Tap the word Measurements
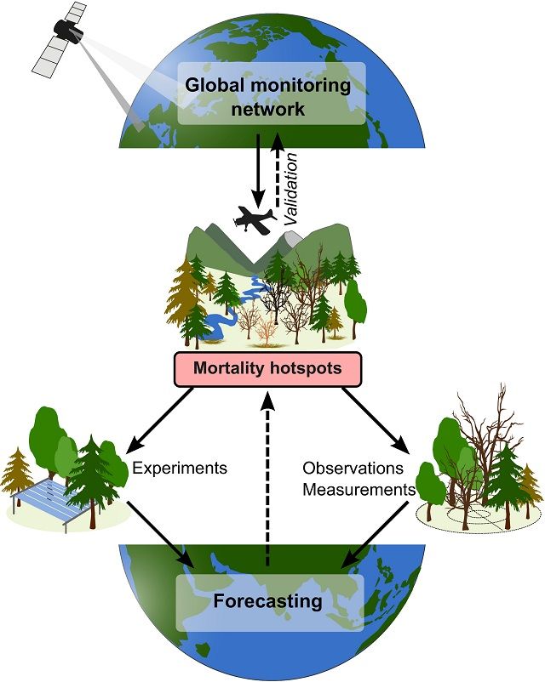coord(359,490)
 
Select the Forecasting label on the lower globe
coord(268,602)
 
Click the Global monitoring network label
coord(268,98)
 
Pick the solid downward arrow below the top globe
coord(255,170)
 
